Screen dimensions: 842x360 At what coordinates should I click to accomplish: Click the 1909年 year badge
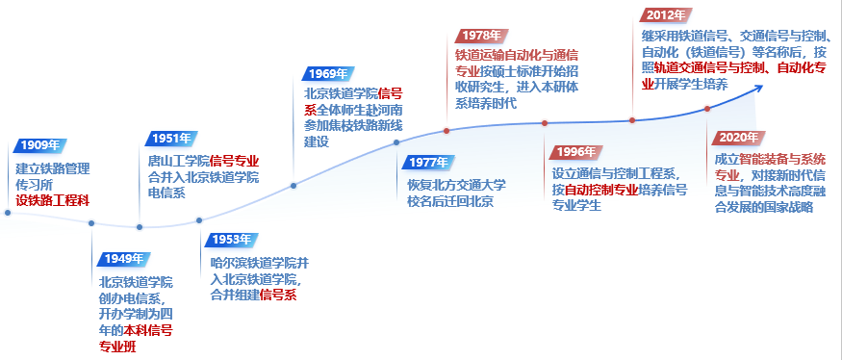pyautogui.click(x=40, y=145)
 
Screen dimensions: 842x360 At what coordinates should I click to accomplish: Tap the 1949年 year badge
pyautogui.click(x=124, y=260)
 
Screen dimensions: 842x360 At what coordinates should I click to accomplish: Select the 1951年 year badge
pyautogui.click(x=171, y=139)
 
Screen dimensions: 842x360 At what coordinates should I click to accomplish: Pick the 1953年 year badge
pyautogui.click(x=232, y=241)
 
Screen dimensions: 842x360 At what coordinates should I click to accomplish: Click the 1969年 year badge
pyautogui.click(x=328, y=74)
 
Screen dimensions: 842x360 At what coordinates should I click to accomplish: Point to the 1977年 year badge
pyautogui.click(x=428, y=163)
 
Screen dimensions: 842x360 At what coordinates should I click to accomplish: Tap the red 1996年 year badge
pyautogui.click(x=576, y=153)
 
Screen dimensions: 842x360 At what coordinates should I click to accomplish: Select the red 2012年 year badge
pyautogui.click(x=665, y=15)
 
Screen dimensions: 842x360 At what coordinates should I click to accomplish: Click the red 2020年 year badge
pyautogui.click(x=739, y=138)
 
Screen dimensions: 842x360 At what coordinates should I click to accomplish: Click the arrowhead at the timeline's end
pyautogui.click(x=759, y=88)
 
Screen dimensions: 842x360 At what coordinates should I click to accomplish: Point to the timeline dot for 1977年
pyautogui.click(x=396, y=142)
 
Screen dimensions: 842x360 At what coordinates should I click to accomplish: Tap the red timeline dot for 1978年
pyautogui.click(x=447, y=131)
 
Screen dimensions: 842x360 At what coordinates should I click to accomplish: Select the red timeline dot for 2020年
pyautogui.click(x=707, y=109)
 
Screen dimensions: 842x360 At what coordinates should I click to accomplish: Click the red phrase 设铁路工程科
pyautogui.click(x=53, y=201)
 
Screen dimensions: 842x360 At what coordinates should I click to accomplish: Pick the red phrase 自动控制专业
pyautogui.click(x=601, y=191)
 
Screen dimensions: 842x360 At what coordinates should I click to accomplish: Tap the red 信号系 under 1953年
pyautogui.click(x=278, y=295)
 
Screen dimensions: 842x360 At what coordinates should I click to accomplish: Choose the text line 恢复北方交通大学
pyautogui.click(x=456, y=186)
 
